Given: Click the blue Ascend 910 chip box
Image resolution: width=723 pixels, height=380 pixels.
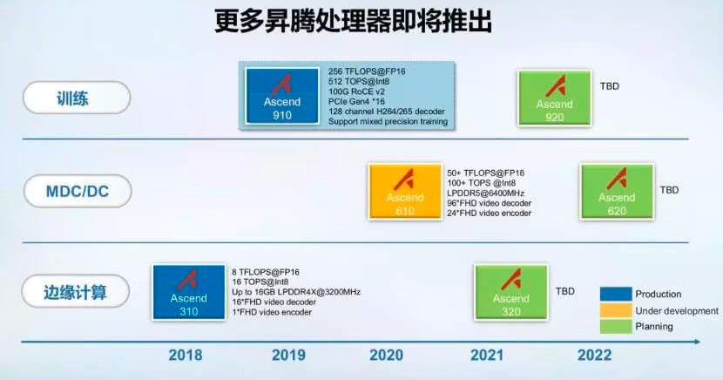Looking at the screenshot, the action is (282, 96).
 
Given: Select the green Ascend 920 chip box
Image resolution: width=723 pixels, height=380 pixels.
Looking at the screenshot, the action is (554, 98).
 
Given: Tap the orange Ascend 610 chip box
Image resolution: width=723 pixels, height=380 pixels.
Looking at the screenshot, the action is (405, 192).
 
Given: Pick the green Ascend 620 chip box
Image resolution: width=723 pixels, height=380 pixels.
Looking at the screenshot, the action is (617, 192).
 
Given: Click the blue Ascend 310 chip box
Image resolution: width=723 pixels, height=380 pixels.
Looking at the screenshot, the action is (189, 292).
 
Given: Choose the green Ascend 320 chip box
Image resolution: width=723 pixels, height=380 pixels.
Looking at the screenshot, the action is (511, 292).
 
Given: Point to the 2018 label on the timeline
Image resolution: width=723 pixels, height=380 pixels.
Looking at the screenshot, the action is (186, 355).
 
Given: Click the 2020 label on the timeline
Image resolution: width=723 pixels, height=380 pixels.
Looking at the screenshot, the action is (387, 355).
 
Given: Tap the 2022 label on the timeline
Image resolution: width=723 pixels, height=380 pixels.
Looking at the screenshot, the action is (594, 355).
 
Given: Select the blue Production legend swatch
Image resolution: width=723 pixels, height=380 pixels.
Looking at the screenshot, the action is (616, 294).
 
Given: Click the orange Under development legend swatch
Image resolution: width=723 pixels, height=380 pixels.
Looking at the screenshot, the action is (616, 310).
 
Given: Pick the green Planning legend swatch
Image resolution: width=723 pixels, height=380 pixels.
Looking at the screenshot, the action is (616, 327).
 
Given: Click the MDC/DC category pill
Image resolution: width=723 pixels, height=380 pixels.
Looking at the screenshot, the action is (78, 191).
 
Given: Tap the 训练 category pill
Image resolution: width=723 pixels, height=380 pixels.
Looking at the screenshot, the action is (77, 98).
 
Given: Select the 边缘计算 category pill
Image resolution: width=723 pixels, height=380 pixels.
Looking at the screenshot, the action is (76, 291).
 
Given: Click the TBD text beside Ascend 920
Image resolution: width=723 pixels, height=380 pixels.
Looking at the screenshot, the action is (609, 86).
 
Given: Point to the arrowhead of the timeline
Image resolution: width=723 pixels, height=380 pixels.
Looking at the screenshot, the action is (697, 342).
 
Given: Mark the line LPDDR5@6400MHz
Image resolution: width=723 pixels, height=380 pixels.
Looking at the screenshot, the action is (485, 193).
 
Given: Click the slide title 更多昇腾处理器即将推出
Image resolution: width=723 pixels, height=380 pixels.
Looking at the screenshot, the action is (353, 21).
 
